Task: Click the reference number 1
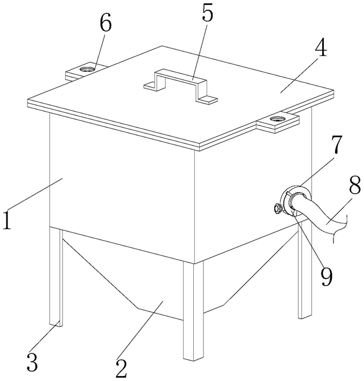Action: (x=7, y=220)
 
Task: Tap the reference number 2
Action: (x=122, y=368)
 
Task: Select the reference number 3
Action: (x=32, y=361)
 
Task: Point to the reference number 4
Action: (x=321, y=48)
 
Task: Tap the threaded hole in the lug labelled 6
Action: (x=86, y=70)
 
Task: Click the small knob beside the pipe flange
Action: (x=277, y=209)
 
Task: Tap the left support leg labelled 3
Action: (x=56, y=277)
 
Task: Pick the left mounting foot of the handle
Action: (x=150, y=86)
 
